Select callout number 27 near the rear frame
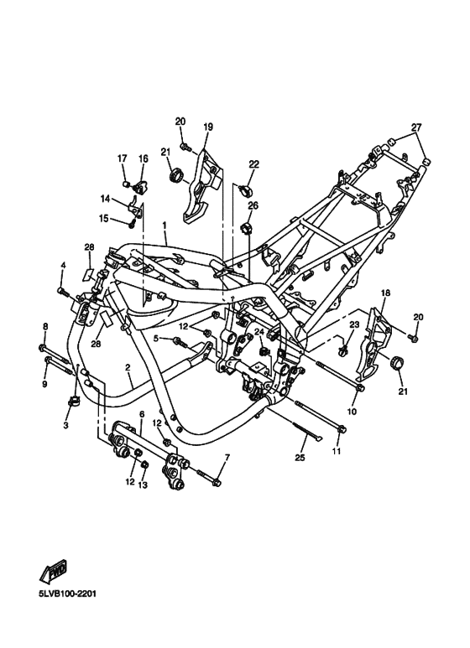click(415, 127)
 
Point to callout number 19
click(208, 127)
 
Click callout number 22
click(253, 164)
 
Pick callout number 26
click(253, 205)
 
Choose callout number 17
click(122, 158)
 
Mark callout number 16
click(143, 158)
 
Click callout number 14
click(106, 200)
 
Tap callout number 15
click(104, 219)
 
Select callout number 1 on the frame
click(164, 226)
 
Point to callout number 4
click(62, 266)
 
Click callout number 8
click(45, 327)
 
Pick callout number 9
click(45, 384)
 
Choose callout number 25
click(300, 458)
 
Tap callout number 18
click(386, 293)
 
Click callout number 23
click(354, 324)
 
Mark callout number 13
click(143, 485)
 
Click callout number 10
click(352, 412)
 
